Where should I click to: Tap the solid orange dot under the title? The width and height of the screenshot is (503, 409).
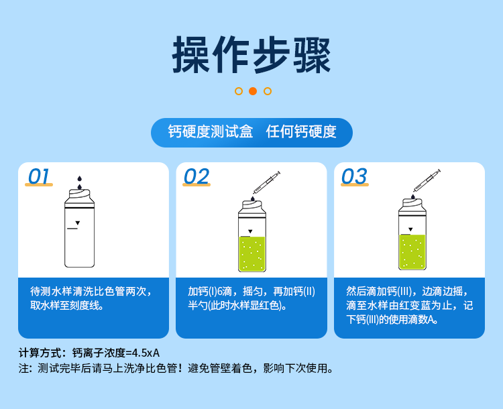253,91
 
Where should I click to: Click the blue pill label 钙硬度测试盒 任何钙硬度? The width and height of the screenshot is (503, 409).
251,132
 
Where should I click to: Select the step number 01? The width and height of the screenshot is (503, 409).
39,176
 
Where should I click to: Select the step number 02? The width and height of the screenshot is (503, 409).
197,176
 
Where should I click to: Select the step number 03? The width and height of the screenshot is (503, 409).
354,176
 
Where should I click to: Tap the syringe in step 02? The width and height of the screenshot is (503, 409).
266,182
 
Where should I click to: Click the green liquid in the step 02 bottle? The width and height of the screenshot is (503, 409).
252,253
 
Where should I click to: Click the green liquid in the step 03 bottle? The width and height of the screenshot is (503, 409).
412,251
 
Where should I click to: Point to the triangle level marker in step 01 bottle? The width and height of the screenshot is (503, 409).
78,223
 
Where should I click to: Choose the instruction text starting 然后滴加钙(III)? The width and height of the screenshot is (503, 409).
409,305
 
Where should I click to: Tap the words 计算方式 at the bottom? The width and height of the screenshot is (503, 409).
42,353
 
